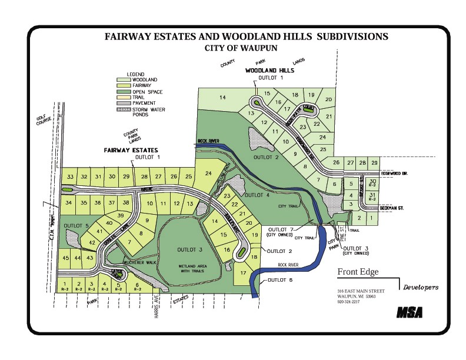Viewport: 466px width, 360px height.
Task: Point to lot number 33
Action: point(70,176)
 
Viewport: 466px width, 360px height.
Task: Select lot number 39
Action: point(120,216)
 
